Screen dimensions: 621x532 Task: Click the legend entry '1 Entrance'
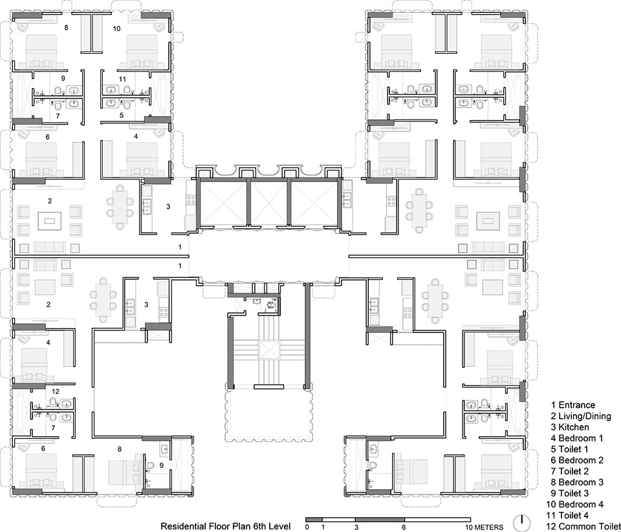(x=573, y=405)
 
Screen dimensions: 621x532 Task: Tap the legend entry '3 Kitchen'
(x=570, y=427)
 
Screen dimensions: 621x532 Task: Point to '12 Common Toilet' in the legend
(x=583, y=526)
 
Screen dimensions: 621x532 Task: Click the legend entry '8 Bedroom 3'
(x=577, y=482)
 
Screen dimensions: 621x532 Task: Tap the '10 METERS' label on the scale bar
(x=485, y=527)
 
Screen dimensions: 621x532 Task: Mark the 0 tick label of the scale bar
(x=307, y=527)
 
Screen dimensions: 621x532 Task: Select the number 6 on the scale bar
(x=404, y=527)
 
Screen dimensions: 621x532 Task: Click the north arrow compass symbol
(x=523, y=522)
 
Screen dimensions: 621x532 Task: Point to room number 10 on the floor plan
(x=116, y=29)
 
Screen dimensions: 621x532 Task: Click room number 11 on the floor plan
(x=122, y=79)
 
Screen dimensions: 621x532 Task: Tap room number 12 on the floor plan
(x=55, y=391)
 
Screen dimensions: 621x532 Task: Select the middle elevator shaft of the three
(x=269, y=202)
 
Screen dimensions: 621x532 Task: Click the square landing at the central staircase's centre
(x=269, y=350)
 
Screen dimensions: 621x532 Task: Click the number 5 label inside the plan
(x=122, y=115)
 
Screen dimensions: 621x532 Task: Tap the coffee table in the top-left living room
(x=50, y=221)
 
